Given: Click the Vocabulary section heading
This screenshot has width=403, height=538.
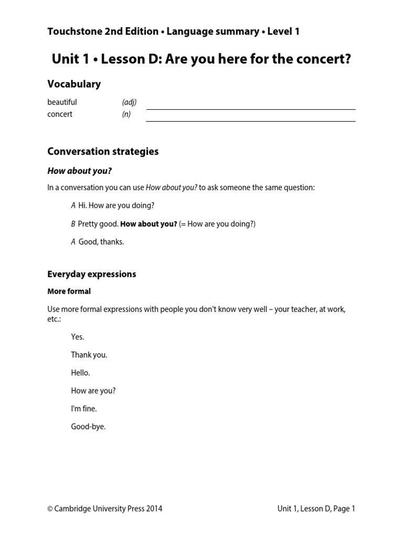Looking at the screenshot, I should click(x=74, y=84).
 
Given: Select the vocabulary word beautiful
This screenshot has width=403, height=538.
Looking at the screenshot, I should click(x=62, y=102).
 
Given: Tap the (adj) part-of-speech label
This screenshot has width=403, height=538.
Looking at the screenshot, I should click(x=129, y=102).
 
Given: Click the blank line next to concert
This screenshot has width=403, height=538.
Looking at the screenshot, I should click(x=250, y=120).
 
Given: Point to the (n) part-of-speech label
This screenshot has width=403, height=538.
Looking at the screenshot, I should click(x=126, y=114).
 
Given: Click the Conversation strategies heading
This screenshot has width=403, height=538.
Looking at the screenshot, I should click(x=103, y=151).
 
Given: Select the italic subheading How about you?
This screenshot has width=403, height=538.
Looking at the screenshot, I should click(x=79, y=171).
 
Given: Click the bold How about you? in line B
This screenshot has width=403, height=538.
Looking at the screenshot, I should click(x=149, y=224).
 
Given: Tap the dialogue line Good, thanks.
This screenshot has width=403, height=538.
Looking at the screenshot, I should click(x=101, y=242).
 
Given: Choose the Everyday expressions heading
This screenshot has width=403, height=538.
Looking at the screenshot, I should click(x=91, y=274).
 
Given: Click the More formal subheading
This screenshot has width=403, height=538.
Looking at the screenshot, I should click(x=69, y=291).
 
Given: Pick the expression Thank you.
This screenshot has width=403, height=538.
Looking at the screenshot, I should click(x=89, y=355).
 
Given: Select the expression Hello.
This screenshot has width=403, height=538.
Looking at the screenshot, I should click(x=80, y=373).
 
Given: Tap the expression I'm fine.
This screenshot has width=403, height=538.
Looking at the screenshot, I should click(x=84, y=408).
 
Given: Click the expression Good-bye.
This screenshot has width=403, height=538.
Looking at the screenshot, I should click(x=88, y=426).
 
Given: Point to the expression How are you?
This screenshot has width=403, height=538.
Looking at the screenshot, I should click(x=93, y=390).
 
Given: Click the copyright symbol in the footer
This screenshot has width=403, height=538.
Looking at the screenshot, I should click(x=50, y=508).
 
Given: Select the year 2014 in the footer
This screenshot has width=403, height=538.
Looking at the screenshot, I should click(x=154, y=508).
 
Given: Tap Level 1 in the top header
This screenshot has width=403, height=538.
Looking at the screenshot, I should click(x=283, y=32).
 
